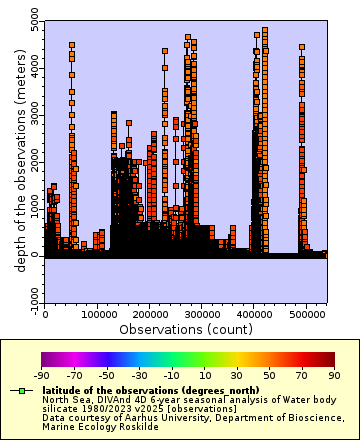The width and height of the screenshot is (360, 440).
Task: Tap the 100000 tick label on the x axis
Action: coord(97,314)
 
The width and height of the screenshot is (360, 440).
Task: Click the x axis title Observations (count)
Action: coord(186,328)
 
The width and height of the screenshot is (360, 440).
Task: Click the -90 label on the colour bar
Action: coord(42,375)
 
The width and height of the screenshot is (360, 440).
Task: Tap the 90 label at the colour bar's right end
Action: coord(335,375)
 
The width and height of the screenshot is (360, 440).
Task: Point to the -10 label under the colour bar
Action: coord(172,375)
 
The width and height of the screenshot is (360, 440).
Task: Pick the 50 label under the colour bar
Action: coord(270,375)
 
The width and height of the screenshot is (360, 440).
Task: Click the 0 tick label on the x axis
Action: coord(45,314)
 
